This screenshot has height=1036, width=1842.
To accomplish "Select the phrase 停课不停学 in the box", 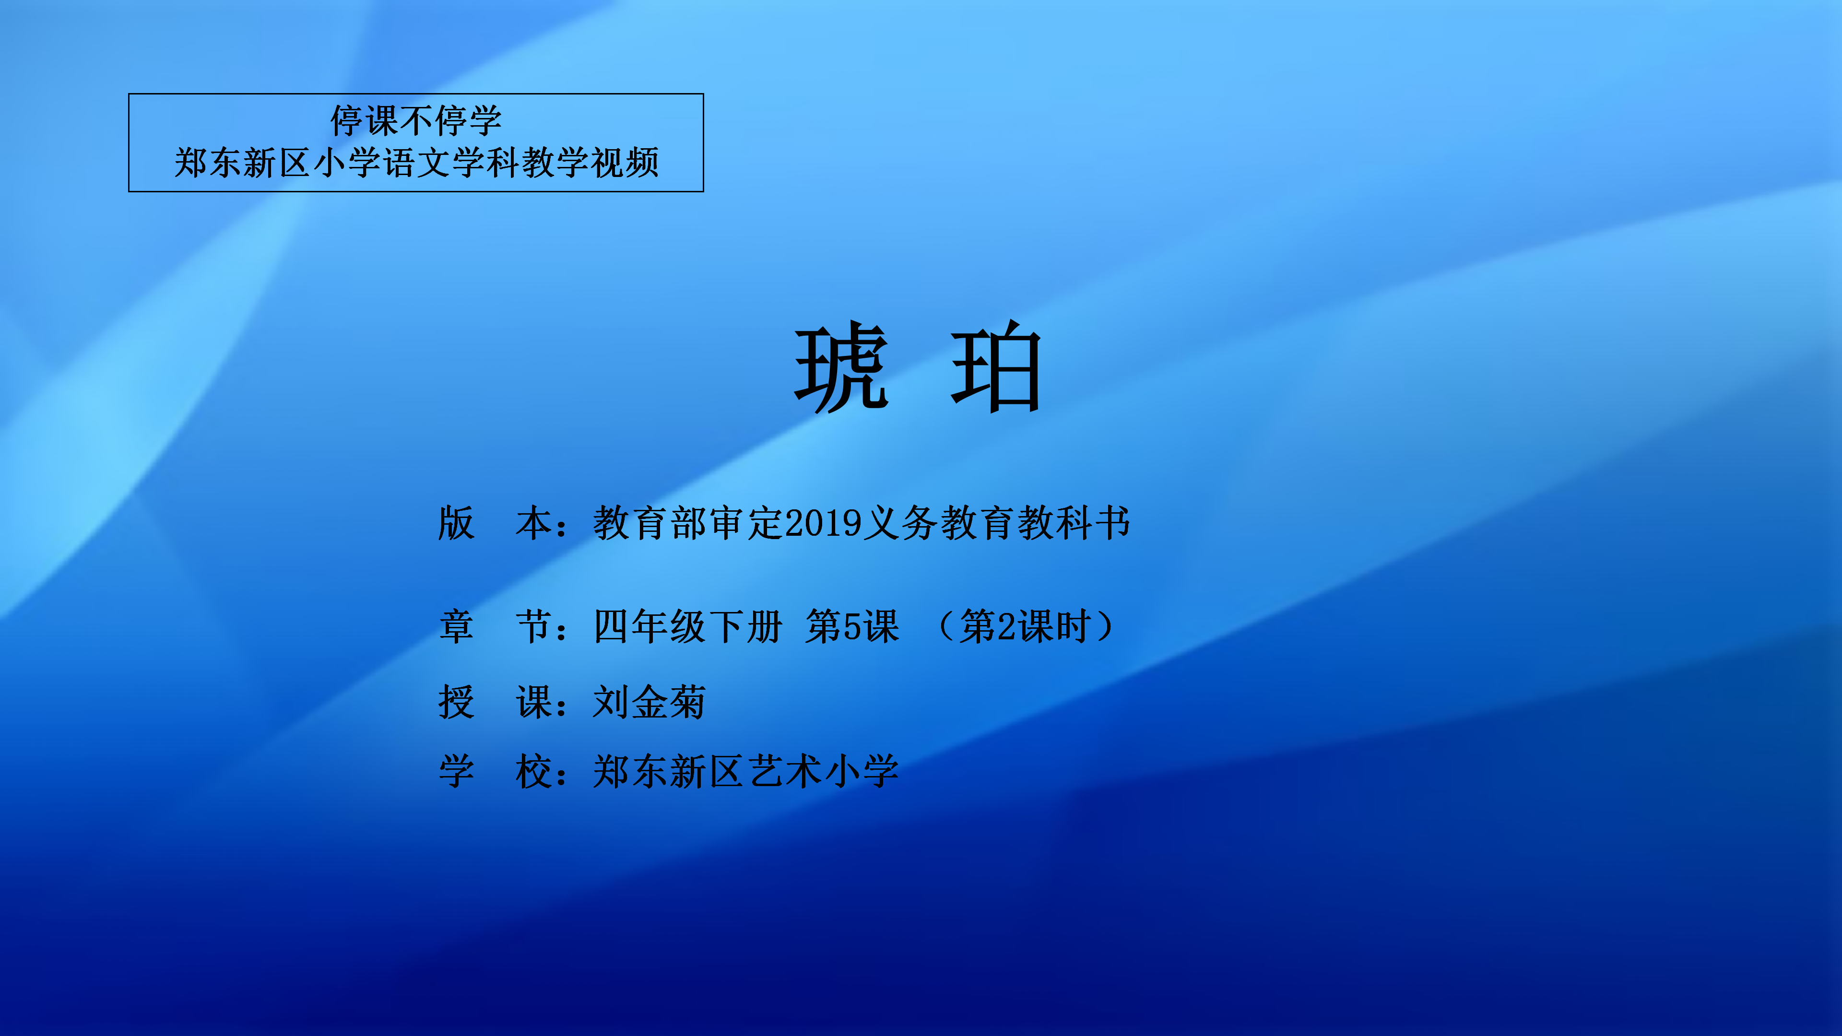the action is (x=416, y=120).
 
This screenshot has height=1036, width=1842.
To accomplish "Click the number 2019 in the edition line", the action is (x=823, y=523).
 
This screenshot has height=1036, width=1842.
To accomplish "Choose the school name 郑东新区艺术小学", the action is (x=746, y=771).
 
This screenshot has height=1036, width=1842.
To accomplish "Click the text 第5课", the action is (x=851, y=626).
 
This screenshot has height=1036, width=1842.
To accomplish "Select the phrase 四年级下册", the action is (x=688, y=626).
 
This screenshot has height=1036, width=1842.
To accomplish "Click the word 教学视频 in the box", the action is (x=590, y=162).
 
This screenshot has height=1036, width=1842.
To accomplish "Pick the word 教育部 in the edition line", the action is (x=650, y=523).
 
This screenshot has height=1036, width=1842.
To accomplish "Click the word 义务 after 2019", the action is (x=901, y=523).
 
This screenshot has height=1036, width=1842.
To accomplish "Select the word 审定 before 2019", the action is (x=746, y=523).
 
